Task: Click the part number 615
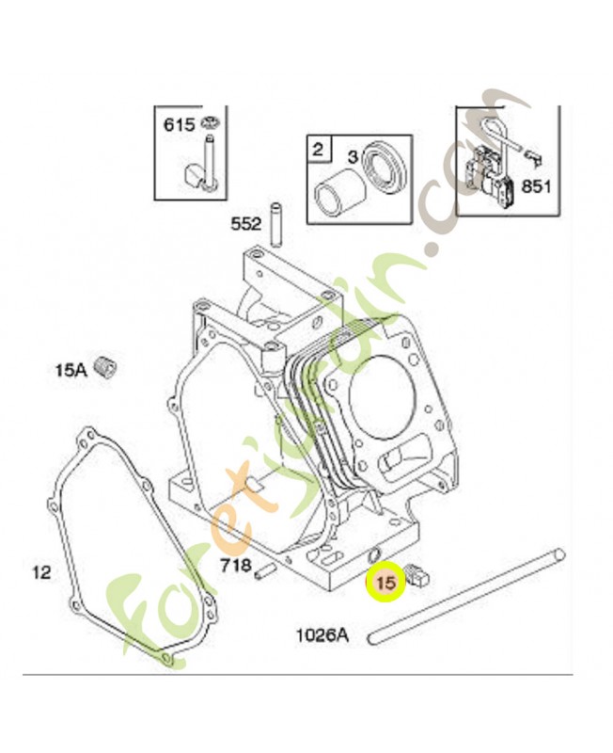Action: (x=178, y=123)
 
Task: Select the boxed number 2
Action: (x=318, y=148)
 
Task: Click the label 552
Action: (x=246, y=224)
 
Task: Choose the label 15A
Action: (x=71, y=369)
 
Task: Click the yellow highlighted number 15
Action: (x=385, y=583)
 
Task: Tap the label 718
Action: (x=234, y=566)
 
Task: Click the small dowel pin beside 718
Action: (x=268, y=569)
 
